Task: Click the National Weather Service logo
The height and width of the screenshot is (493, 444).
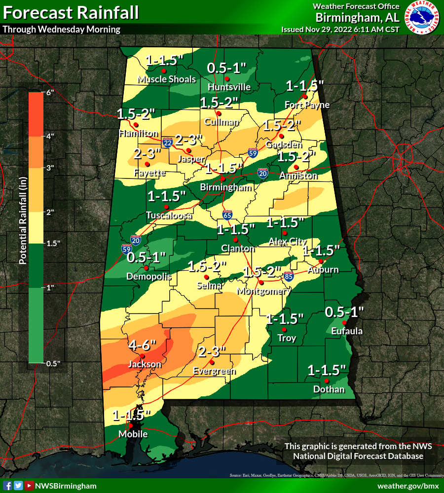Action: click(x=422, y=18)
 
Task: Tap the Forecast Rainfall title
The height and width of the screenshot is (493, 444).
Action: click(x=71, y=12)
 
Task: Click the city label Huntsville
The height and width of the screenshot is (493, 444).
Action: click(x=229, y=87)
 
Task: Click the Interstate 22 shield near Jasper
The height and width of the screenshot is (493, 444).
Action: click(x=168, y=143)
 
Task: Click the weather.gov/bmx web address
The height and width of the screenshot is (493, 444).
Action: click(x=408, y=486)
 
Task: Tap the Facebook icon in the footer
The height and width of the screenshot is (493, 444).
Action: click(x=7, y=486)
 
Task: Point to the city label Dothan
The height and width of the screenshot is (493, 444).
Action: click(x=329, y=389)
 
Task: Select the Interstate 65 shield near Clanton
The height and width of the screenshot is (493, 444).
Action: click(x=227, y=214)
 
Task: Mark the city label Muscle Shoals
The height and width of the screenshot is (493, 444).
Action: click(x=166, y=79)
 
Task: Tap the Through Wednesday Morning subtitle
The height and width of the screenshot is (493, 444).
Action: click(x=62, y=29)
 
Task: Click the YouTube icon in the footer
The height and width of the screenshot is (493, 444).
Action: click(x=29, y=486)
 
